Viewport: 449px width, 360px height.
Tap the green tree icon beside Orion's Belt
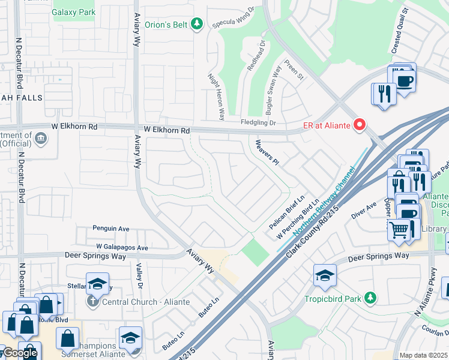pos(197,24)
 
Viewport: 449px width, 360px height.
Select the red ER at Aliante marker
pos(360,125)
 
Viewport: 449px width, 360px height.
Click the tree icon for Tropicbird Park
pos(371,298)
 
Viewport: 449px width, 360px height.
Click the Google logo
pos(20,353)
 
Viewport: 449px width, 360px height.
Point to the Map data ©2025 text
pos(423,355)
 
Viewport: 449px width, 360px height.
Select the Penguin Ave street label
pos(111,229)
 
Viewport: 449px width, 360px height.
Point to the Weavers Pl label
pos(267,152)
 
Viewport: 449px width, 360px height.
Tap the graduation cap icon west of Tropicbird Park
pos(325,275)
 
